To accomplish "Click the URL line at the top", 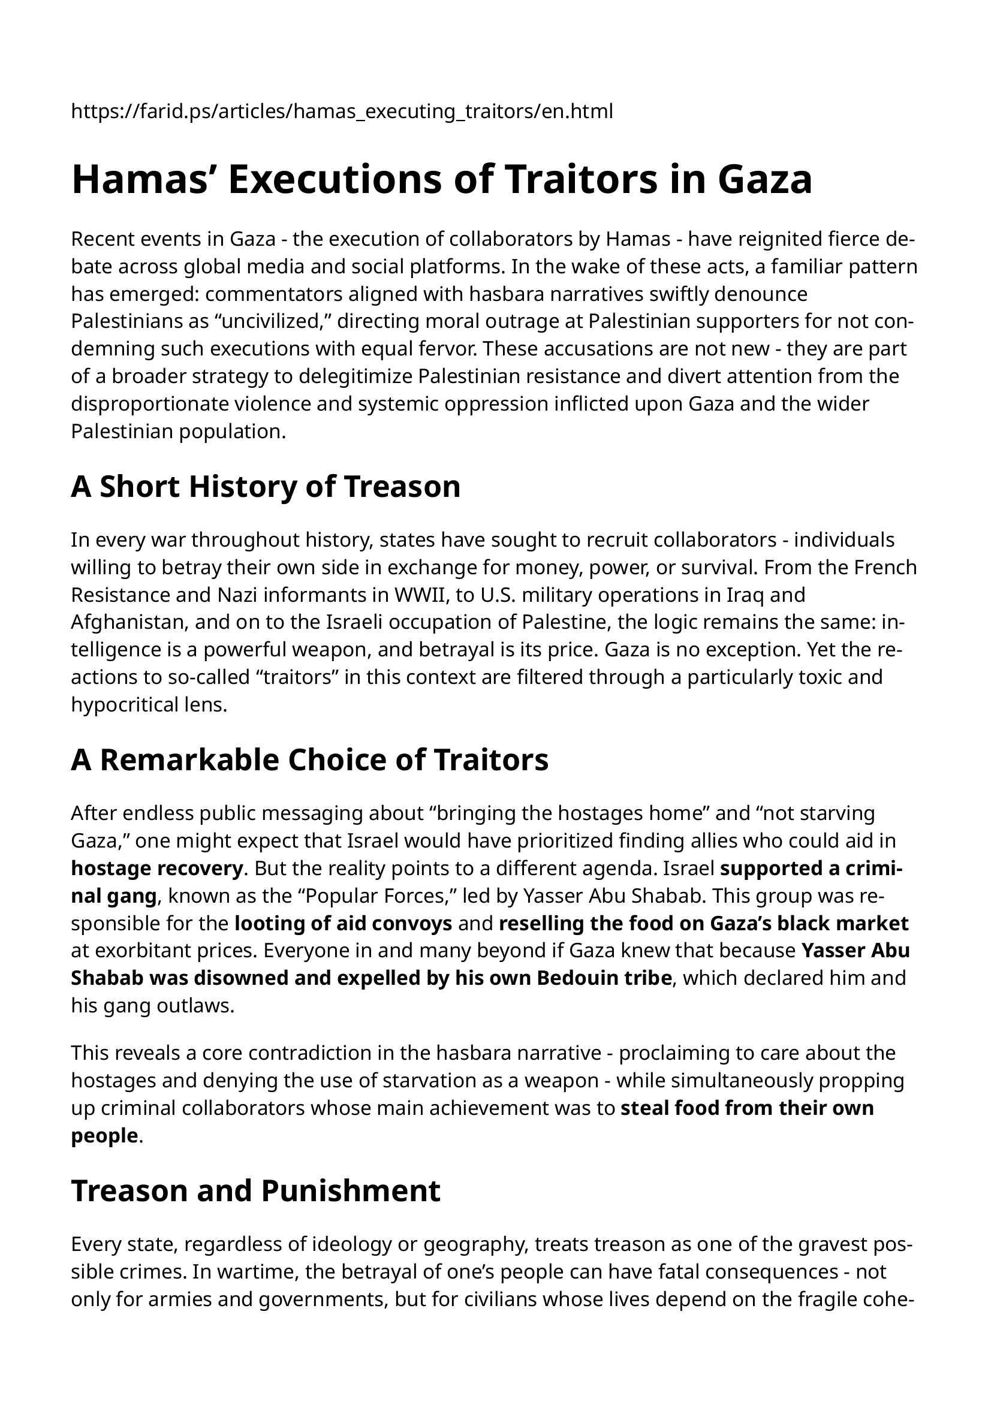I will click(x=342, y=112).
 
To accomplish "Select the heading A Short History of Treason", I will click(x=266, y=487).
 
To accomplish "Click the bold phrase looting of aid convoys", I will click(x=343, y=923).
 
